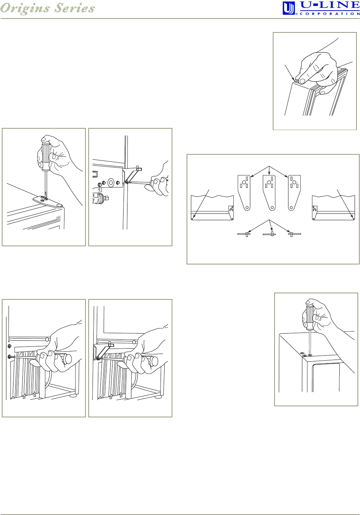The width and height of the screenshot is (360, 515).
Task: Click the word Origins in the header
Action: [25, 9]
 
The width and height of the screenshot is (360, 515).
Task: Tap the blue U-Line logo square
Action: [288, 8]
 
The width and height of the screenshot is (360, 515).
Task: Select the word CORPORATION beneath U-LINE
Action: [330, 14]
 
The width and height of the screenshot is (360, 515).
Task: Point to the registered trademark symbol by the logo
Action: [296, 14]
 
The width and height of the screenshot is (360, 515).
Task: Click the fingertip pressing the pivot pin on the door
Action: [302, 81]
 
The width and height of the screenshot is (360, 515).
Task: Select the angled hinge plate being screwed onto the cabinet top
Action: [48, 201]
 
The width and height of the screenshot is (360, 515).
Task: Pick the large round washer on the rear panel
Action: [111, 182]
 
